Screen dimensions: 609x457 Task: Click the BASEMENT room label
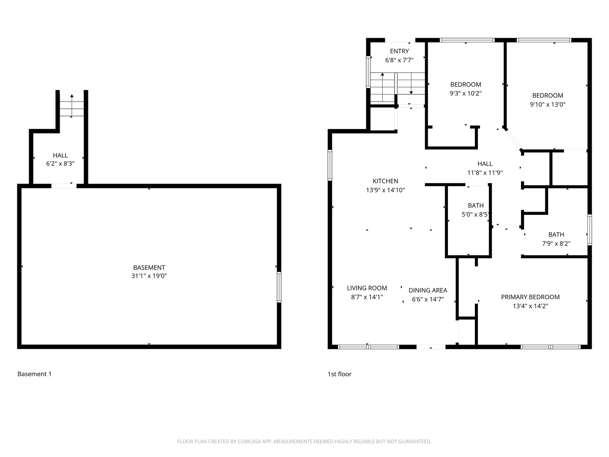(149, 267)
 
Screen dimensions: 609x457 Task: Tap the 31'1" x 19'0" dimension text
(149, 276)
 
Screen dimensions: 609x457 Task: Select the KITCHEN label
(385, 181)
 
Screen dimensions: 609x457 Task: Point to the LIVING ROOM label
(367, 288)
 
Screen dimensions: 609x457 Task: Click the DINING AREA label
(428, 290)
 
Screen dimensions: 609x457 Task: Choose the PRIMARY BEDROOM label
(530, 297)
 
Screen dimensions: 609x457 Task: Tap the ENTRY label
(399, 51)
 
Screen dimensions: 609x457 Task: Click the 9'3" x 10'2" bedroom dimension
(466, 93)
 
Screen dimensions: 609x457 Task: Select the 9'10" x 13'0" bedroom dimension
(548, 105)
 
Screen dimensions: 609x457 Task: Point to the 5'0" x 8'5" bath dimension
(475, 214)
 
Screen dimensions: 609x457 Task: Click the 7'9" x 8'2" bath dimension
(556, 243)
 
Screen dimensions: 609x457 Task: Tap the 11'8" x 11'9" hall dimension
(485, 173)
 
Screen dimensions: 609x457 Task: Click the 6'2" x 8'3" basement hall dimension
(60, 163)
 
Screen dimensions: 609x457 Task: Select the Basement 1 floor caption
(34, 374)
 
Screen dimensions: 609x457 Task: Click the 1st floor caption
(340, 374)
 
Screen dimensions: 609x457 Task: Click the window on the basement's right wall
(279, 287)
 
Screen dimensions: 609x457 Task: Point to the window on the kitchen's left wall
(330, 165)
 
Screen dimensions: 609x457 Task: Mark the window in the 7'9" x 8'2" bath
(590, 230)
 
